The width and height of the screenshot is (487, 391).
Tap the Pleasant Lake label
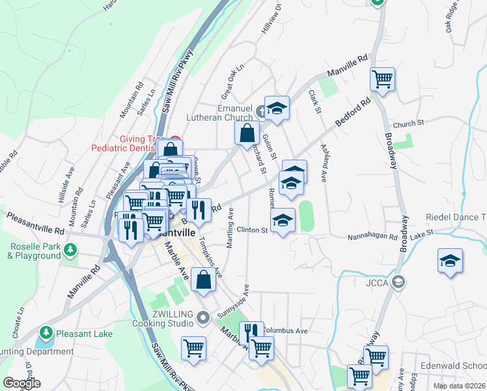click(x=84, y=334)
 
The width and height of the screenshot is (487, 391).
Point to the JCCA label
click(x=378, y=283)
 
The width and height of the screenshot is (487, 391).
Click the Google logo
click(x=21, y=383)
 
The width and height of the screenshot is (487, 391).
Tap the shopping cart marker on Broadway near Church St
click(x=382, y=80)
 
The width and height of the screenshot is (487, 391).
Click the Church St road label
click(x=408, y=123)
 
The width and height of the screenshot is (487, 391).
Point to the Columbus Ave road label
click(x=285, y=331)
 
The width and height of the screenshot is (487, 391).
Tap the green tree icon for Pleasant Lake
click(x=46, y=334)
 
